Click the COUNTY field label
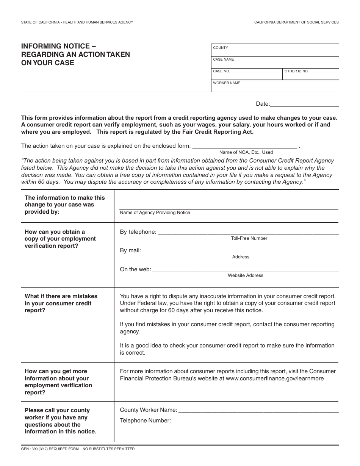pyautogui.click(x=221, y=48)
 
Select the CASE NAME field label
pyautogui.click(x=223, y=59)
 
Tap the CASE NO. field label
pyautogui.click(x=221, y=71)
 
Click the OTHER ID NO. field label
pyautogui.click(x=296, y=71)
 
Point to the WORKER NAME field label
pyautogui.click(x=226, y=83)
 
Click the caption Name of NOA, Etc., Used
pyautogui.click(x=246, y=152)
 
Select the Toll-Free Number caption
pyautogui.click(x=249, y=238)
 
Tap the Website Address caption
pyautogui.click(x=245, y=275)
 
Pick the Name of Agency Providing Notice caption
pyautogui.click(x=155, y=213)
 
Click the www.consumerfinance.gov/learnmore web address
pyautogui.click(x=274, y=378)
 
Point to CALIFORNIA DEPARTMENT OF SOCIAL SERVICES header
pyautogui.click(x=296, y=23)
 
